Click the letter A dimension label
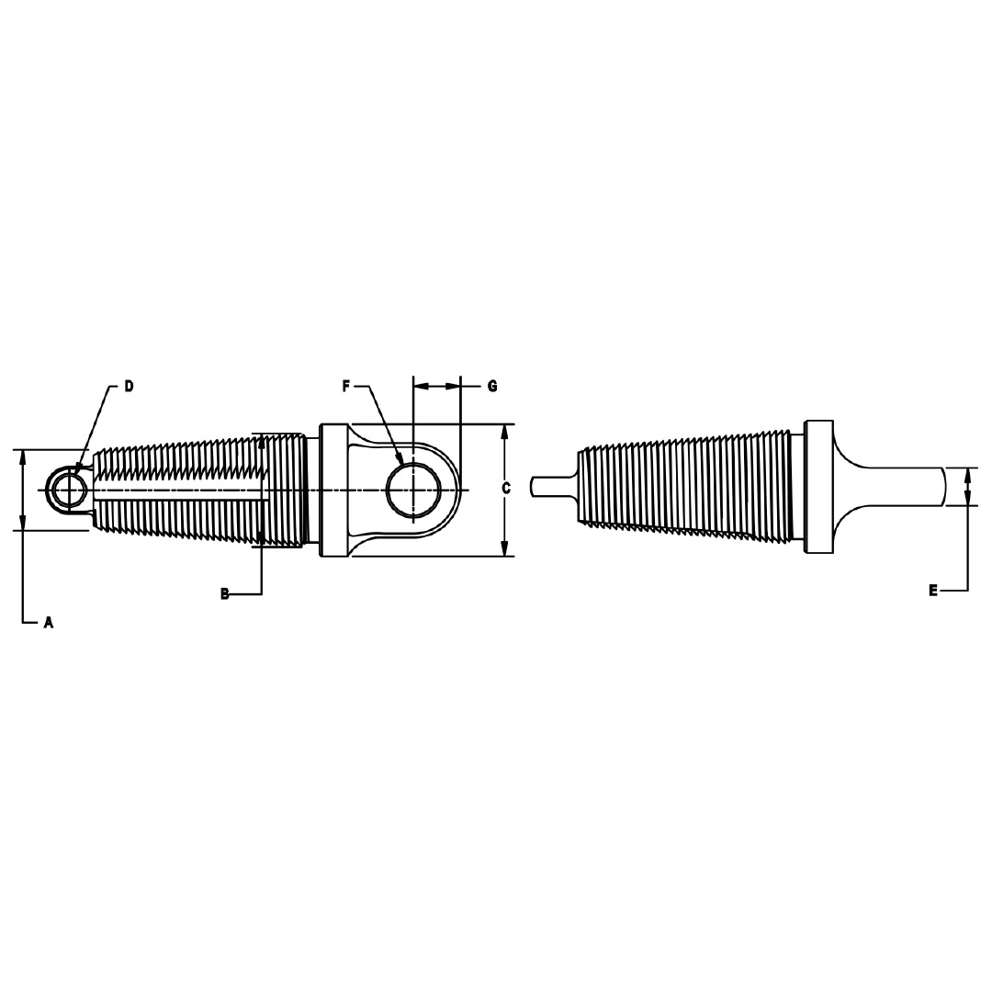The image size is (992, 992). click(x=49, y=623)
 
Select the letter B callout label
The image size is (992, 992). click(x=224, y=594)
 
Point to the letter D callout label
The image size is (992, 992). click(x=129, y=387)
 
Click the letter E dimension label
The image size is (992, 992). click(x=933, y=591)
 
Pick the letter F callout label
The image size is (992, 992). click(x=347, y=387)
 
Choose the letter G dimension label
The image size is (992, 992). click(x=492, y=387)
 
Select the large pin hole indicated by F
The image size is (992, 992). click(x=412, y=490)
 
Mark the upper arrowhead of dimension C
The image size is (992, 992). click(x=504, y=433)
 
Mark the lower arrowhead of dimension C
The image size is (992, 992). click(x=504, y=548)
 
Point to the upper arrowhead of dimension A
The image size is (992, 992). click(x=23, y=457)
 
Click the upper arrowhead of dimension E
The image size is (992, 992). click(x=967, y=475)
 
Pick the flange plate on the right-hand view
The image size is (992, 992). click(x=818, y=487)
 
